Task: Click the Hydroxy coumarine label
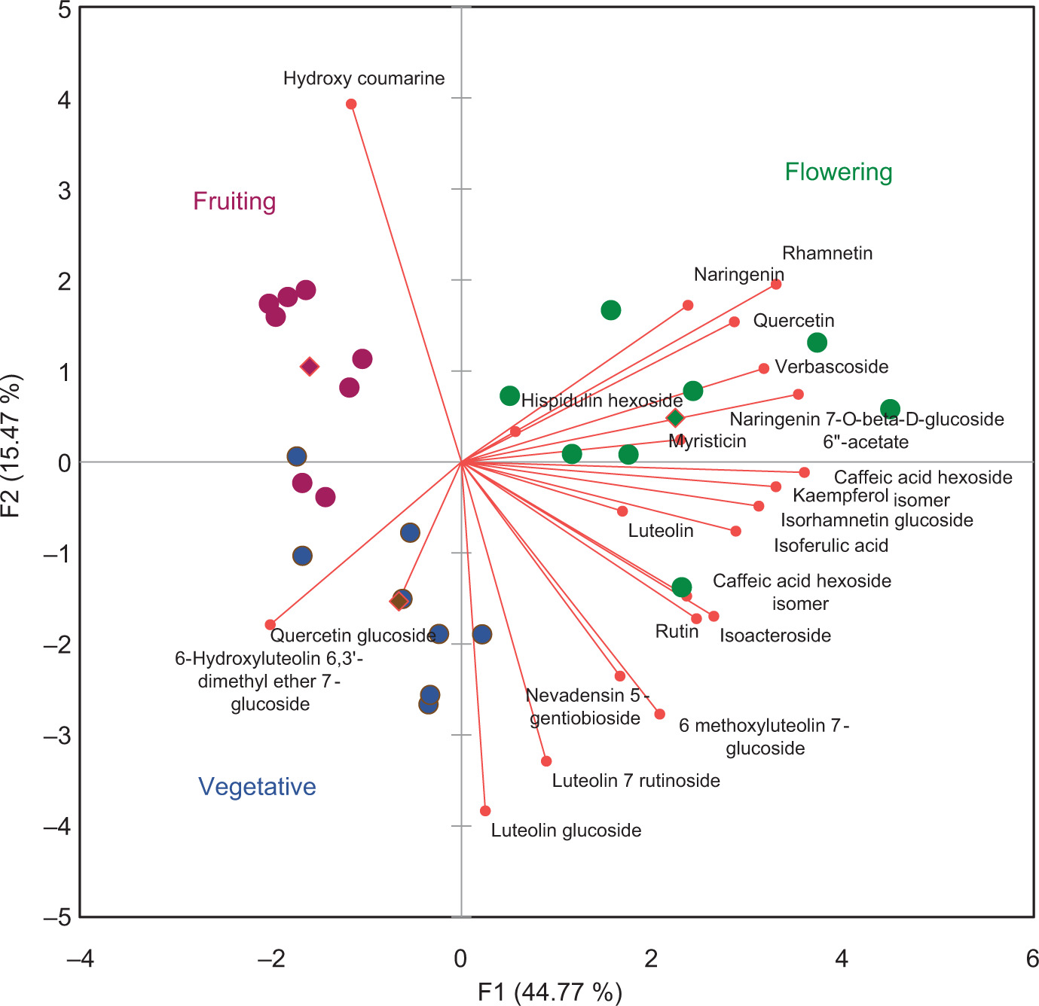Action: (364, 78)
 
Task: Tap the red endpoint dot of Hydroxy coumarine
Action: (351, 104)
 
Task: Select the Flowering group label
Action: (839, 172)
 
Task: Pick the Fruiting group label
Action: (234, 202)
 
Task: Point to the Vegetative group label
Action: (257, 787)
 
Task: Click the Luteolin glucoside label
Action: (566, 831)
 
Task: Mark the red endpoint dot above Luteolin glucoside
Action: (485, 811)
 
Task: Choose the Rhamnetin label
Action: (827, 253)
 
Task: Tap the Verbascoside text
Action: (832, 367)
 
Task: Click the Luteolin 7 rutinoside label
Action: (636, 781)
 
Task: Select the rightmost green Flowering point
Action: (890, 410)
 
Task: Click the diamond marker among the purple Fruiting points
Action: (310, 367)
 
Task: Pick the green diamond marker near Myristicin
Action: (675, 418)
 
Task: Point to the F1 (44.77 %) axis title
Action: (550, 992)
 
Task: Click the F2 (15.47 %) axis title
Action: (13, 447)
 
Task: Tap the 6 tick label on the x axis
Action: (1032, 959)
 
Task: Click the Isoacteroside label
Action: (775, 636)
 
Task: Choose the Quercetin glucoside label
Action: (353, 636)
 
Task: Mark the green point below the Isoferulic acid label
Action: (681, 587)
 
